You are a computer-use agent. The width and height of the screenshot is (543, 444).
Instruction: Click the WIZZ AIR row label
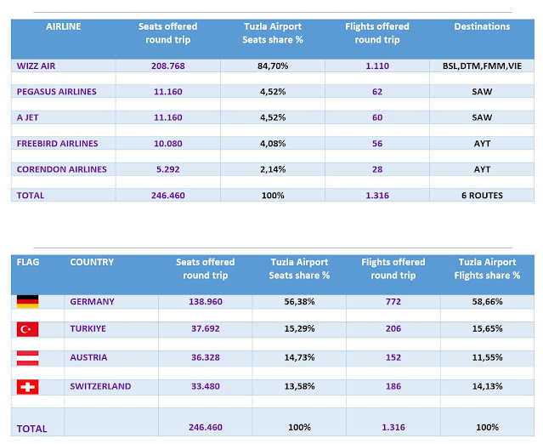[42, 65]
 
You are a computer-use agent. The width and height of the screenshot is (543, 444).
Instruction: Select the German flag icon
[28, 302]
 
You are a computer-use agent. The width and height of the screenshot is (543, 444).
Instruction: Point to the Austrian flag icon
[28, 358]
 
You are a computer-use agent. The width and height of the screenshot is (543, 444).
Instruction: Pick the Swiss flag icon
[28, 387]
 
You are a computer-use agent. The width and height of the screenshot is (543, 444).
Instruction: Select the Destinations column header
[482, 26]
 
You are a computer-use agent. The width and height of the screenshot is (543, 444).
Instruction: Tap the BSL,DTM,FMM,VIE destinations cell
[482, 65]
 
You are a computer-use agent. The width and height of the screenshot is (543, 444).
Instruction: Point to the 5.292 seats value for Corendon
[167, 169]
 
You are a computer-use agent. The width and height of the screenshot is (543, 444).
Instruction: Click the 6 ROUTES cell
[482, 196]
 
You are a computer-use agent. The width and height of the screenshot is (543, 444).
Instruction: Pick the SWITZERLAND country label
[100, 386]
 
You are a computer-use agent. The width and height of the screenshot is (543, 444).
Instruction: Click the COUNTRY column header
[92, 262]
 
